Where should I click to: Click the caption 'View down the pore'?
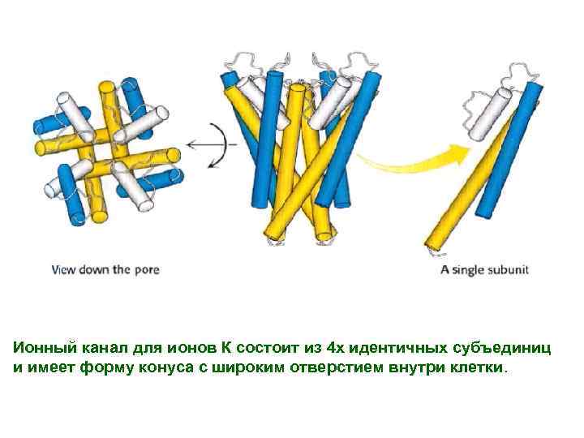(x=105, y=269)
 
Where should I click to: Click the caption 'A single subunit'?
(x=484, y=269)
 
